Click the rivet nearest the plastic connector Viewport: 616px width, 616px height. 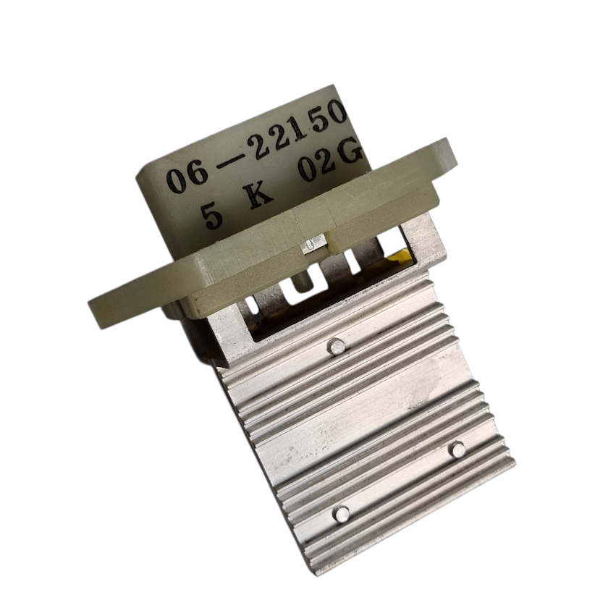click(x=337, y=346)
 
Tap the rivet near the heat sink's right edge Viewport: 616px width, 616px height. click(x=457, y=448)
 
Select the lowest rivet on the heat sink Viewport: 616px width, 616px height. click(x=342, y=514)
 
